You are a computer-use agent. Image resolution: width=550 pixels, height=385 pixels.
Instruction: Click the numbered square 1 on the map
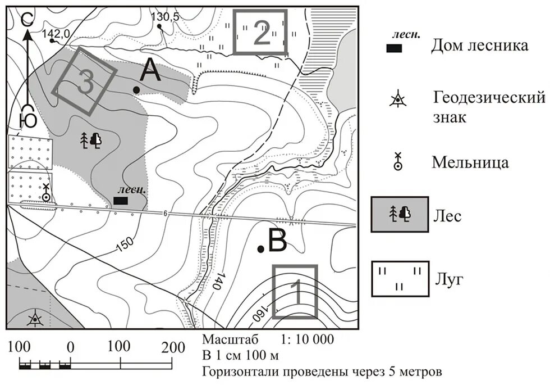pyautogui.click(x=295, y=292)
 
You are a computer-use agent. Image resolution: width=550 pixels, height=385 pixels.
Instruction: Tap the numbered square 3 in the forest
pyautogui.click(x=85, y=79)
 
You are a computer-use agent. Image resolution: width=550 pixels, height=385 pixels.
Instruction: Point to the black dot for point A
pyautogui.click(x=136, y=89)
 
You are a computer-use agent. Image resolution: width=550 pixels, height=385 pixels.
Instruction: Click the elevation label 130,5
pyautogui.click(x=165, y=17)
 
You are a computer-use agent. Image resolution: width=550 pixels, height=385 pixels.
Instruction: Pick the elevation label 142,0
pyautogui.click(x=56, y=34)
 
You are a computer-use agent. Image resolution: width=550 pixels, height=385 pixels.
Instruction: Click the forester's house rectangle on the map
pyautogui.click(x=121, y=200)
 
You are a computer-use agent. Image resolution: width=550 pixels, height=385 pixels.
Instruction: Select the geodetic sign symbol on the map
pyautogui.click(x=35, y=319)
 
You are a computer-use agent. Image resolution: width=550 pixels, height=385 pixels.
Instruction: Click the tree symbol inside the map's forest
pyautogui.click(x=91, y=140)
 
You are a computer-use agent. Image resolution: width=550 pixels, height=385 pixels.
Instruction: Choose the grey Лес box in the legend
pyautogui.click(x=399, y=214)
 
